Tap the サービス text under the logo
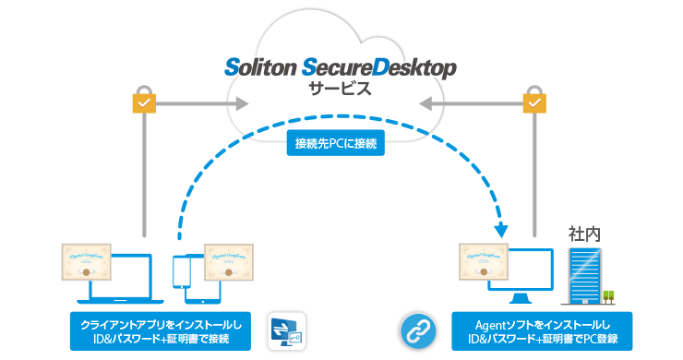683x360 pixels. (x=341, y=90)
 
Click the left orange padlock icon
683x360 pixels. (x=143, y=102)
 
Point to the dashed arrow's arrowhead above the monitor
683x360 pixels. (x=501, y=231)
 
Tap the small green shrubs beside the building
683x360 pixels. (x=608, y=297)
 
